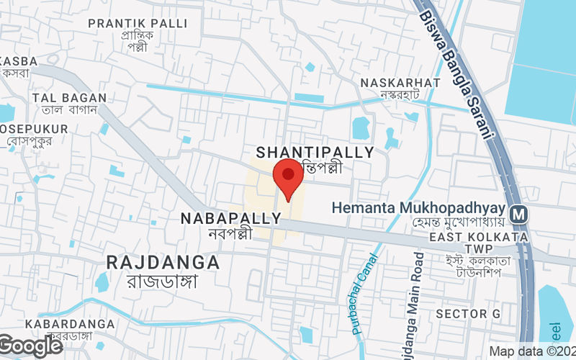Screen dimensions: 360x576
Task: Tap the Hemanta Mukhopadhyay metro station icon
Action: (517, 214)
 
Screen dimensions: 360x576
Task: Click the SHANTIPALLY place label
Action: (315, 153)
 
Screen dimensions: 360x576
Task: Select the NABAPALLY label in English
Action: (230, 217)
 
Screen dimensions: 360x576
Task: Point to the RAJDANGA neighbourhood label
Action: (163, 261)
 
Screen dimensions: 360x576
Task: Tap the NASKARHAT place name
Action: (400, 83)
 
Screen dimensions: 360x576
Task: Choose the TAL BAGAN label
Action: (69, 98)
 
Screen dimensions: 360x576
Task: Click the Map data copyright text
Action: (531, 351)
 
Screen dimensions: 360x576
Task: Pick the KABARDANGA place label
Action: (69, 324)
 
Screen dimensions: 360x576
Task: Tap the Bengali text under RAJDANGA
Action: (163, 282)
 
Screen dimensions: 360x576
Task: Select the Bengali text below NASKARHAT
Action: (400, 96)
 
